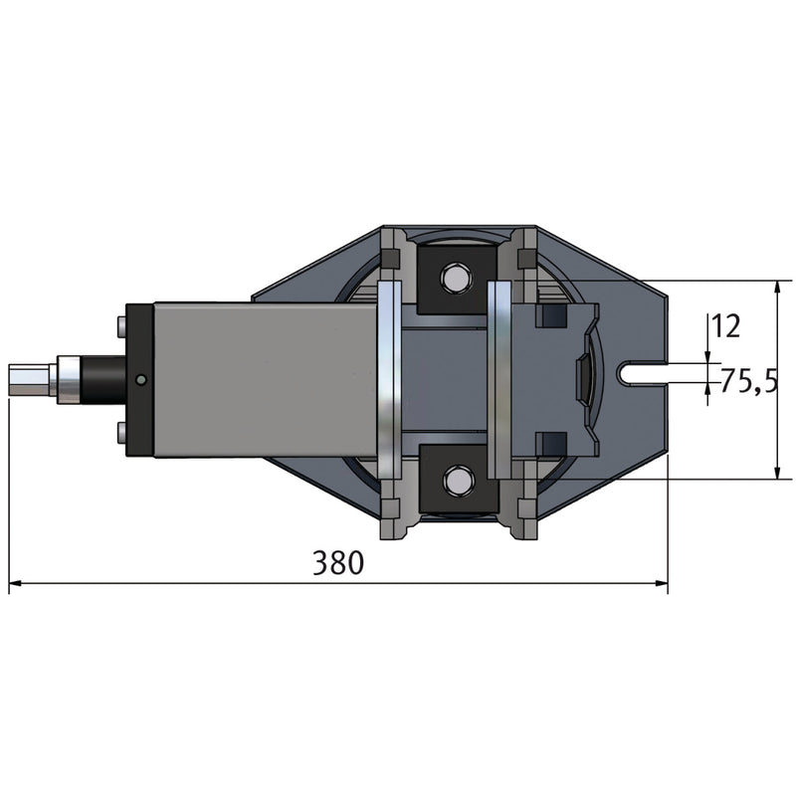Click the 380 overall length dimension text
(x=338, y=563)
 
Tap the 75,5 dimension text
(x=748, y=380)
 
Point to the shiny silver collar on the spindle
(x=70, y=378)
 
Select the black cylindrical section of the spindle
(x=102, y=378)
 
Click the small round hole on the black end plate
(x=141, y=379)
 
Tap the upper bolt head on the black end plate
(x=120, y=323)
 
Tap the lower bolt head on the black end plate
(x=120, y=433)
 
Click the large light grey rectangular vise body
(x=264, y=379)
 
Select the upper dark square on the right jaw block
(x=547, y=316)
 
